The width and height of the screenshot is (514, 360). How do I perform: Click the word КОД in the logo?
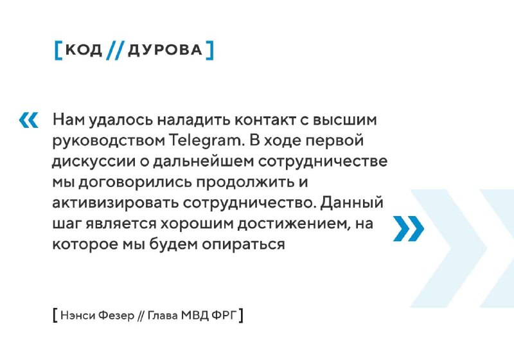[84, 50]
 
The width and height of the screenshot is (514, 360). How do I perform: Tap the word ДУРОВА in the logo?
[165, 50]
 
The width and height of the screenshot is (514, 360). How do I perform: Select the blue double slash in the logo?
[115, 50]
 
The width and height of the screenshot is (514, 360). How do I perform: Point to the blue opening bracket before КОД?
[58, 50]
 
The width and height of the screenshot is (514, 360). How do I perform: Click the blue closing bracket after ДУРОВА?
[210, 50]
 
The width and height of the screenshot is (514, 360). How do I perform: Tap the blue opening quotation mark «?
[28, 120]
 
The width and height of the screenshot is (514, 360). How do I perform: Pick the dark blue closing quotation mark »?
[409, 228]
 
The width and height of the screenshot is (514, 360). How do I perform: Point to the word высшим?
[345, 120]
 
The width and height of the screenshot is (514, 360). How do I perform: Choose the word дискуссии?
[94, 162]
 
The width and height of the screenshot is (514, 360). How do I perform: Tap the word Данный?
[351, 203]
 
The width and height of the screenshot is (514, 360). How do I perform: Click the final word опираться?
[244, 245]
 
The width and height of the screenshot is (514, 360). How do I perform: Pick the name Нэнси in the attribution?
[78, 316]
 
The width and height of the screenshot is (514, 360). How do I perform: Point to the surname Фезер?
[116, 316]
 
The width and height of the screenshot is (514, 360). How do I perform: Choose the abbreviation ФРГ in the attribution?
[224, 316]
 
